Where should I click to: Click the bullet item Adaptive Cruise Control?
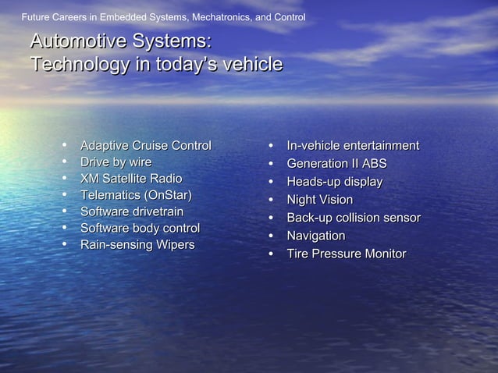(x=145, y=146)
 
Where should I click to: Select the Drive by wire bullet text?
(x=116, y=162)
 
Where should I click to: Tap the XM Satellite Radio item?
(x=131, y=179)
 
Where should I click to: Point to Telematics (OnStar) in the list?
(x=136, y=195)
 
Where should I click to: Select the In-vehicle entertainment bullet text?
(x=353, y=146)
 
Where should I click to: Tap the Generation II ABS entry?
(x=336, y=164)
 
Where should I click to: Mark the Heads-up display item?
(x=334, y=182)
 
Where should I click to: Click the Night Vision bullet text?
(x=319, y=200)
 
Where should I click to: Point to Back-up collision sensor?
(x=354, y=218)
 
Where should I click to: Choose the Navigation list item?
(x=315, y=236)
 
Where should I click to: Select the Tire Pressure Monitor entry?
(x=346, y=254)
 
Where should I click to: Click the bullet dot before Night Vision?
(x=270, y=201)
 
